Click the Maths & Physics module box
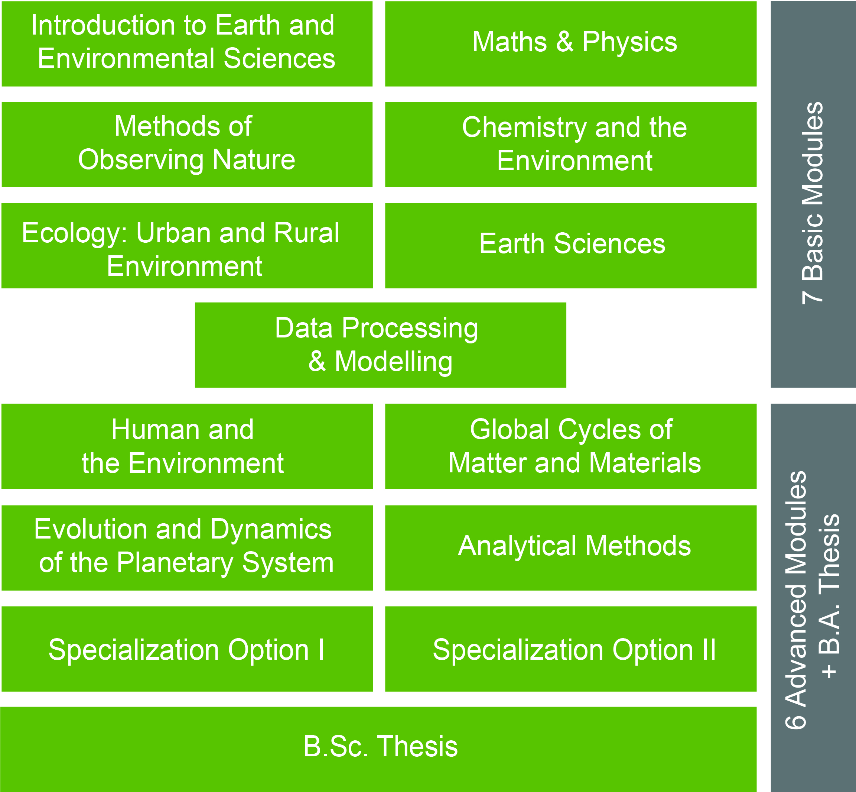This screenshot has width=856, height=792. (571, 44)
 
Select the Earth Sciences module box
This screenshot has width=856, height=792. (571, 246)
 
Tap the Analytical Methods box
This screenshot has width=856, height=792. (571, 548)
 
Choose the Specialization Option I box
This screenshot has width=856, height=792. (187, 649)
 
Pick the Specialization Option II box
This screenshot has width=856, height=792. (571, 649)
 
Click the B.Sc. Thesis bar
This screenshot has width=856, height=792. (378, 749)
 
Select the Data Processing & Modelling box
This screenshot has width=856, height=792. (381, 345)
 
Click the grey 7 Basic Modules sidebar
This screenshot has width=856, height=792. (813, 194)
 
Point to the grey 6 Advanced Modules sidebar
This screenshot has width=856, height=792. (813, 598)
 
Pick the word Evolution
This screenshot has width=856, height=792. (91, 529)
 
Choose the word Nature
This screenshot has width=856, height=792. (254, 160)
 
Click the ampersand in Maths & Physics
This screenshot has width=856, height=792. (564, 42)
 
